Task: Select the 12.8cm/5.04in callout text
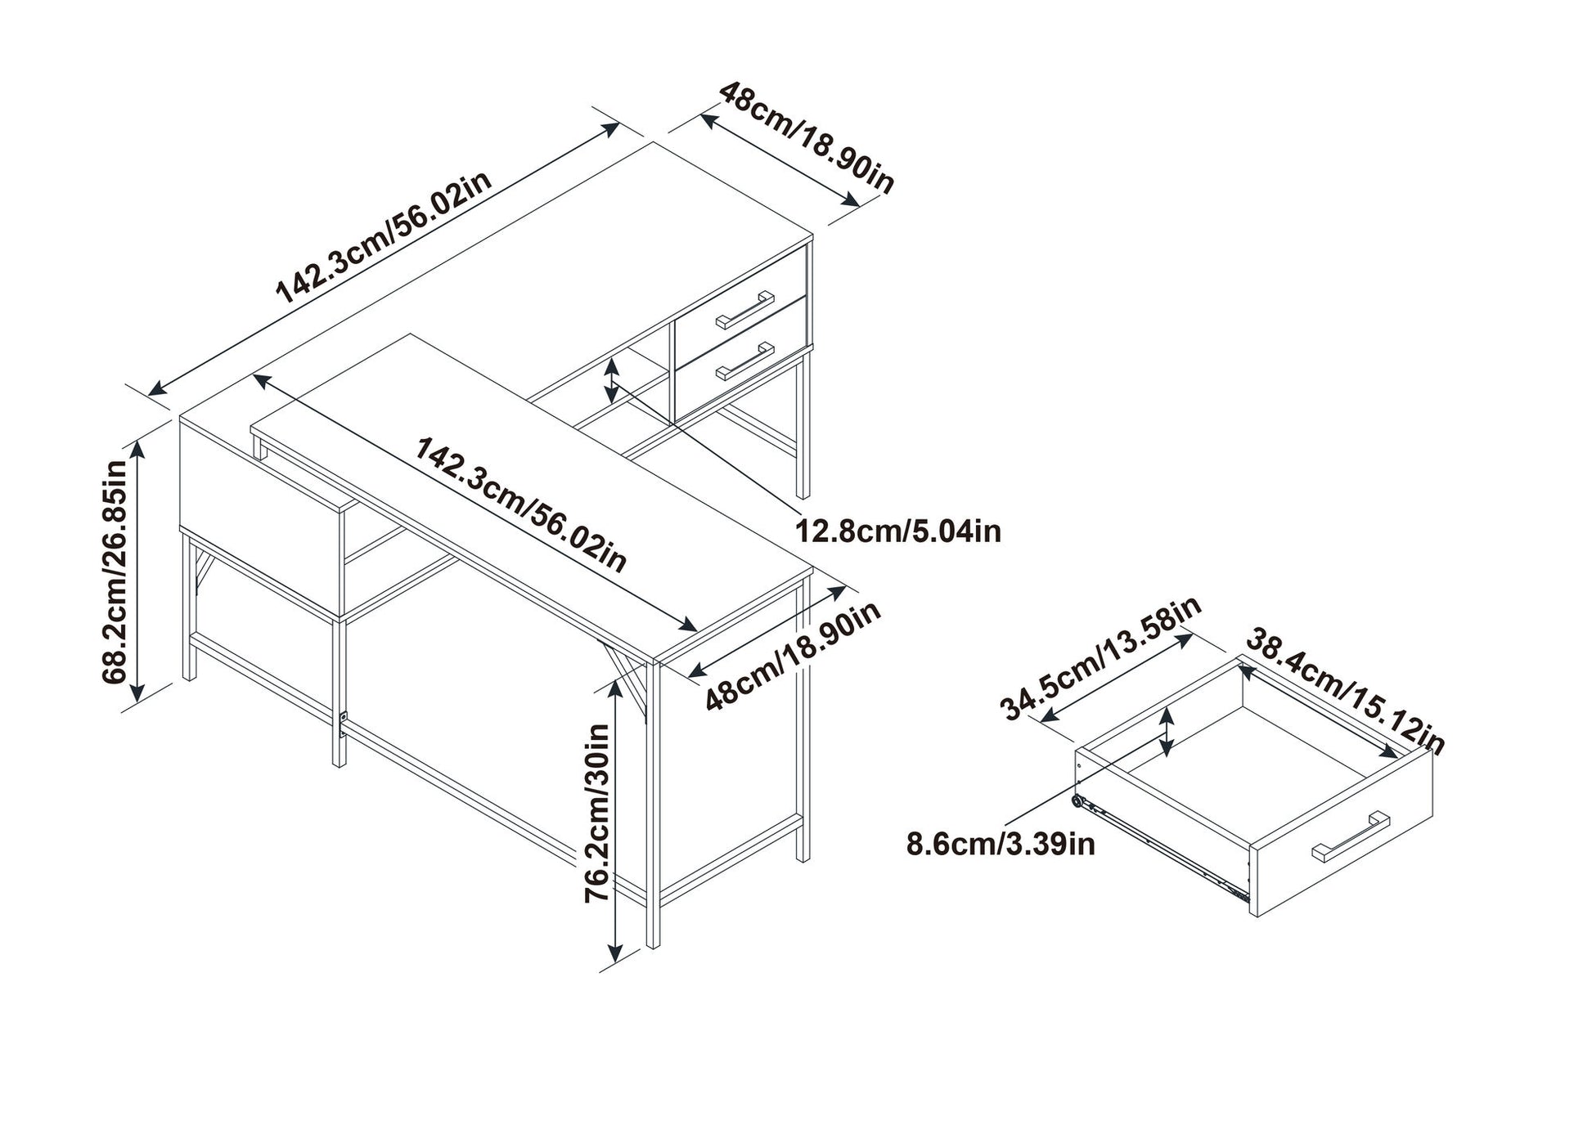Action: (898, 531)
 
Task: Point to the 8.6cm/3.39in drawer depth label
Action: (1000, 844)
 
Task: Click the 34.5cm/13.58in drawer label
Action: (1100, 658)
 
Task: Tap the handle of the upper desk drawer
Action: (744, 310)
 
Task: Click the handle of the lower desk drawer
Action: (744, 361)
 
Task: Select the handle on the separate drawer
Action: (1351, 835)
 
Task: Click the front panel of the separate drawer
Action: (1342, 834)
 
